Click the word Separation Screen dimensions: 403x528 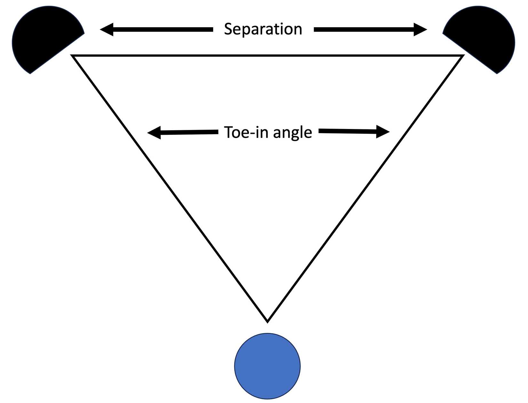[263, 29]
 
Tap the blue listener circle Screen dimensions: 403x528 [268, 366]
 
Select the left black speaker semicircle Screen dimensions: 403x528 [43, 38]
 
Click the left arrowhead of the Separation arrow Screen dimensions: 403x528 [107, 29]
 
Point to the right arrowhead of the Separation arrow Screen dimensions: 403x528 [420, 29]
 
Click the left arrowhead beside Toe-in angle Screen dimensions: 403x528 [154, 133]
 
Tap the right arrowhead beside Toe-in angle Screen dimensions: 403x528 [383, 132]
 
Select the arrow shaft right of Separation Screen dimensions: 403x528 [364, 29]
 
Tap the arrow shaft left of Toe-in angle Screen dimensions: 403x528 [189, 132]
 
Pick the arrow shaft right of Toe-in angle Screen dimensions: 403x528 [347, 131]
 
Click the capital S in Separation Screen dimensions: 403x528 [228, 29]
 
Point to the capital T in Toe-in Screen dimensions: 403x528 [228, 132]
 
